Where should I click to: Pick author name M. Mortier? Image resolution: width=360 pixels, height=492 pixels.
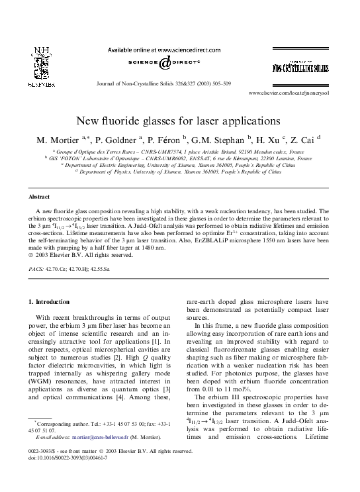coord(60,140)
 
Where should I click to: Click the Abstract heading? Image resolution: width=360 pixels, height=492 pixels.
coord(39,197)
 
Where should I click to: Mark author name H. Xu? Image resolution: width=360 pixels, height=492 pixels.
coord(265,140)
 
